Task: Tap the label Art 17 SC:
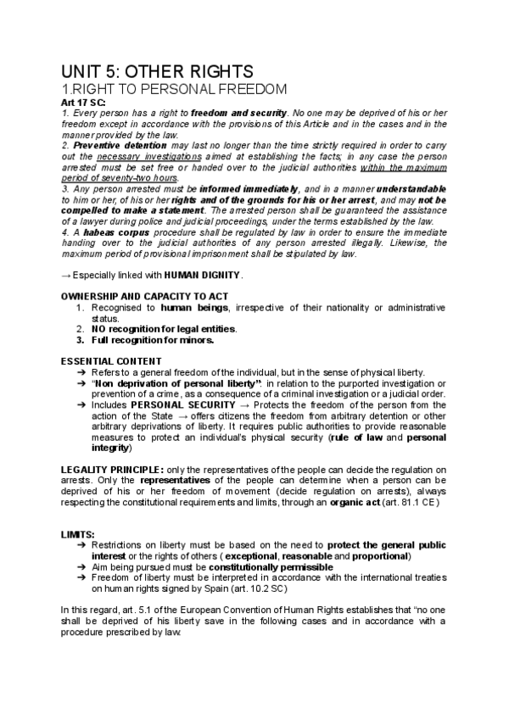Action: coord(85,102)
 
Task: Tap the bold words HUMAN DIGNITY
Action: coord(203,275)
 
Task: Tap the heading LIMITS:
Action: coord(78,534)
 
